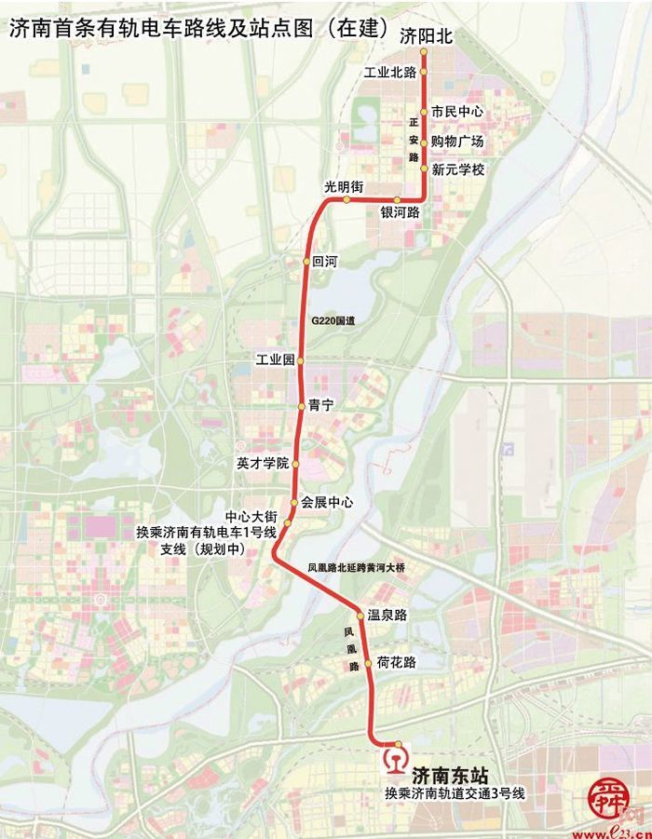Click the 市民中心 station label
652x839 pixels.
pyautogui.click(x=457, y=111)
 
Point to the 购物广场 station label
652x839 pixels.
pyautogui.click(x=457, y=142)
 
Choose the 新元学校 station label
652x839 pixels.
pyautogui.click(x=458, y=169)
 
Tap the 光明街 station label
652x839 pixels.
pyautogui.click(x=344, y=187)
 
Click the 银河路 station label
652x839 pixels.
pyautogui.click(x=399, y=212)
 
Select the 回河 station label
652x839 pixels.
pyautogui.click(x=327, y=263)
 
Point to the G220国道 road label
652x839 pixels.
pyautogui.click(x=333, y=320)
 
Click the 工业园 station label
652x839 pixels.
pyautogui.click(x=275, y=359)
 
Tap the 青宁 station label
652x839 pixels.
pyautogui.click(x=321, y=405)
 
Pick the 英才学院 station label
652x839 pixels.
pyautogui.click(x=263, y=463)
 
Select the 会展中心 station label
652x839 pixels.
pyautogui.click(x=327, y=502)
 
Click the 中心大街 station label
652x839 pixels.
pyautogui.click(x=251, y=517)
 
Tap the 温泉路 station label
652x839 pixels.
pyautogui.click(x=388, y=616)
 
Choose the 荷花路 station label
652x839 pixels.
pyautogui.click(x=397, y=662)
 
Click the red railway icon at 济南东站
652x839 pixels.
pyautogui.click(x=397, y=758)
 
